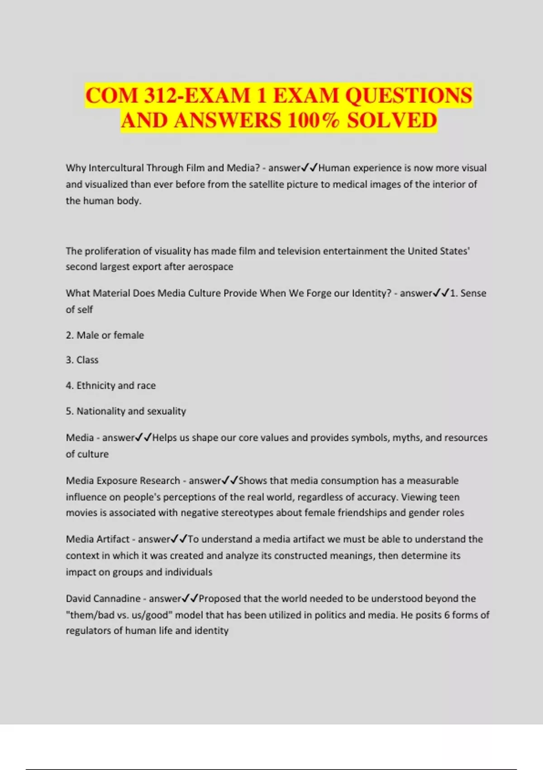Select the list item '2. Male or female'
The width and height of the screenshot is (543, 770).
tap(105, 335)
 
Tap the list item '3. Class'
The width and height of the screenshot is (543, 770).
tap(82, 360)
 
